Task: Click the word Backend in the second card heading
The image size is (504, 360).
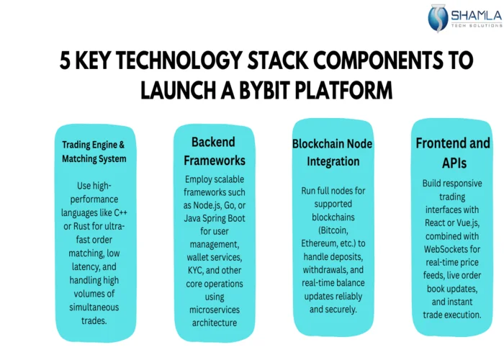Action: [x=214, y=142]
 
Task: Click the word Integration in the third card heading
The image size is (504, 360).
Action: [x=332, y=161]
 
